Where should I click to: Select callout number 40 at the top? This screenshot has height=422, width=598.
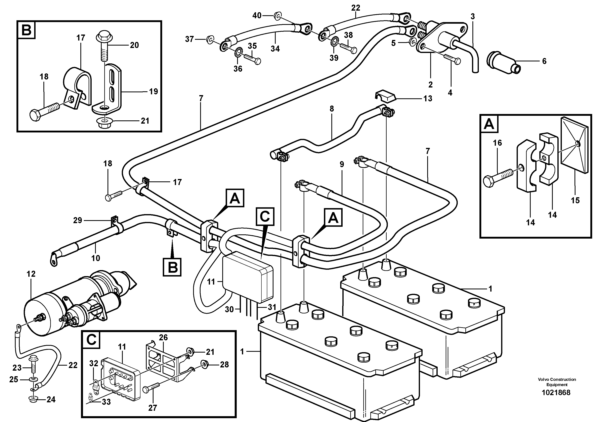257,16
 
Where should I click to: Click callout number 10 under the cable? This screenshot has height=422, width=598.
96,258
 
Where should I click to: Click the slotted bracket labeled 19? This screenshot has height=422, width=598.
112,88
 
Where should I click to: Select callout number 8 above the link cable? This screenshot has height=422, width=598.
332,109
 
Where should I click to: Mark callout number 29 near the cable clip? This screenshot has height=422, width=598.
78,220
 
